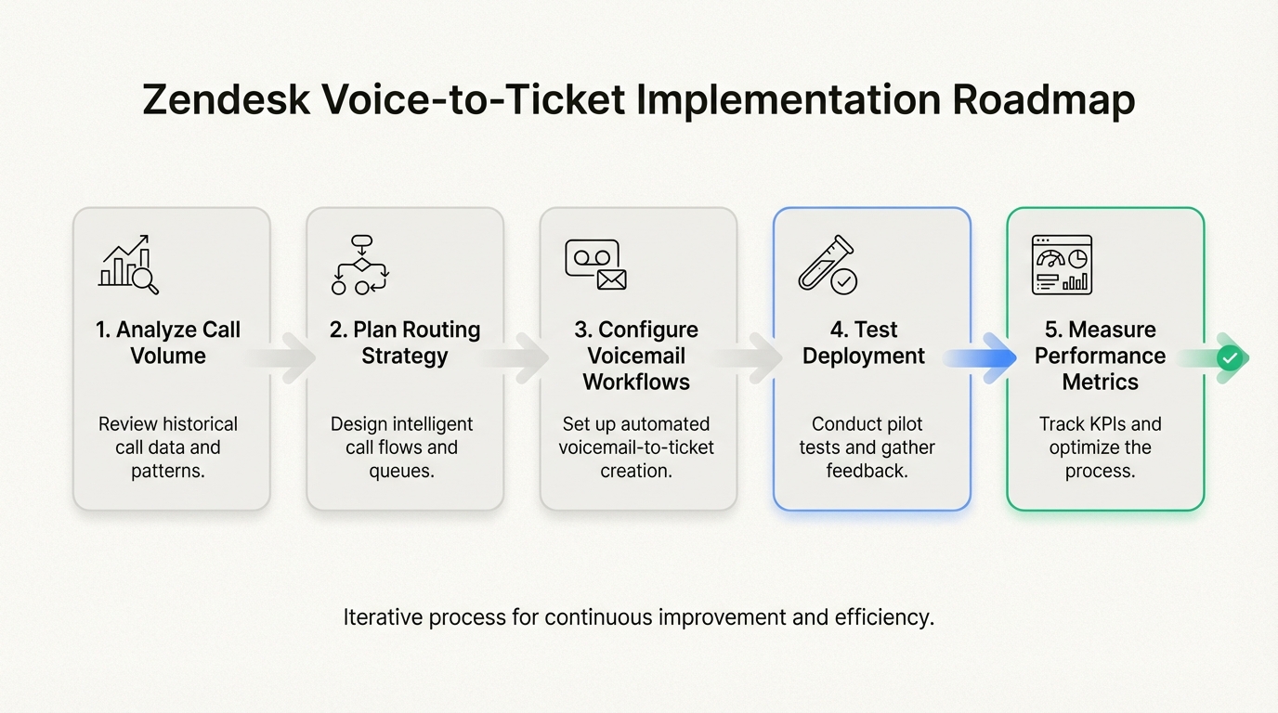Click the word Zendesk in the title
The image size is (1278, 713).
click(x=227, y=100)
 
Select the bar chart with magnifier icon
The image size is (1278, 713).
click(x=129, y=266)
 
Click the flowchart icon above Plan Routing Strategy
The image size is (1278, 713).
click(x=360, y=266)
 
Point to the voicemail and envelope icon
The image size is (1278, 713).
click(x=595, y=266)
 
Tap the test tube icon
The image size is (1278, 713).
click(x=828, y=266)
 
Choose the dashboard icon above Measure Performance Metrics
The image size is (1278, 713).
click(x=1062, y=266)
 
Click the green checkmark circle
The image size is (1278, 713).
click(x=1231, y=357)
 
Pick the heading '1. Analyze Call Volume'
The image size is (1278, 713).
click(x=168, y=343)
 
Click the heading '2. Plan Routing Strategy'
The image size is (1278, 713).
click(x=405, y=343)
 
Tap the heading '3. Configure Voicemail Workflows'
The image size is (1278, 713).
click(x=637, y=356)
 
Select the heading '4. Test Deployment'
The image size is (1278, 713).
click(x=864, y=343)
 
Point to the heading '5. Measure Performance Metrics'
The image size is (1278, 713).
click(x=1101, y=356)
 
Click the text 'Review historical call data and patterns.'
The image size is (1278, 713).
click(x=168, y=447)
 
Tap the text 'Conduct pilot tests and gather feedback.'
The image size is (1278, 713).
click(x=867, y=447)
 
